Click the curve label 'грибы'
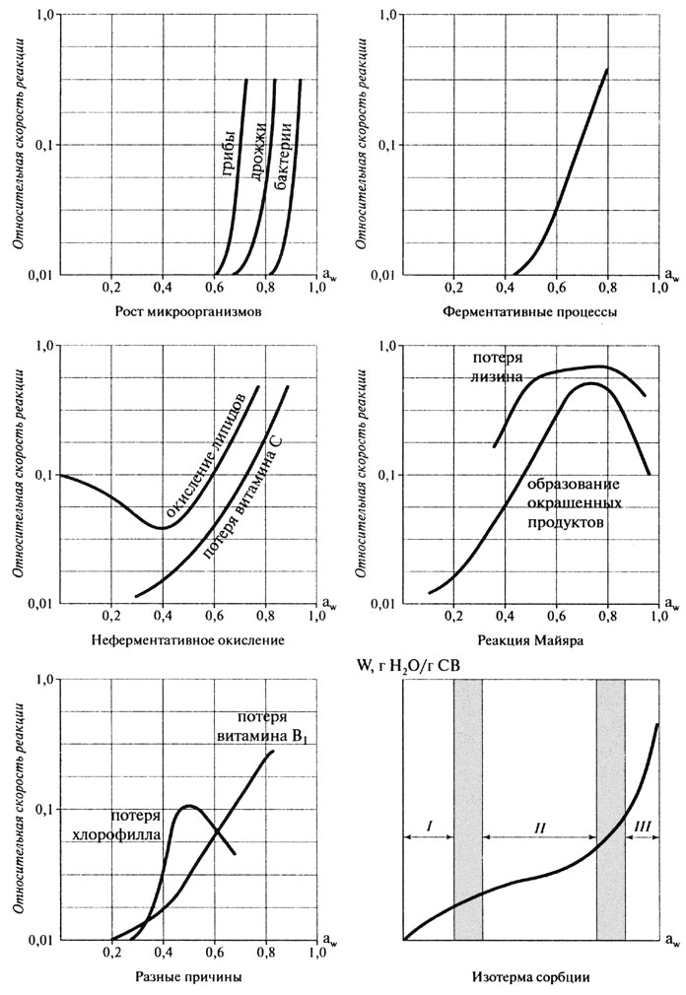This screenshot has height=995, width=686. (228, 153)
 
